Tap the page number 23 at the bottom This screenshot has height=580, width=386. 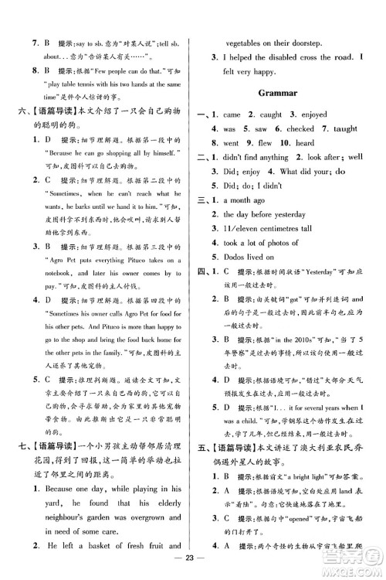coord(192,564)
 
